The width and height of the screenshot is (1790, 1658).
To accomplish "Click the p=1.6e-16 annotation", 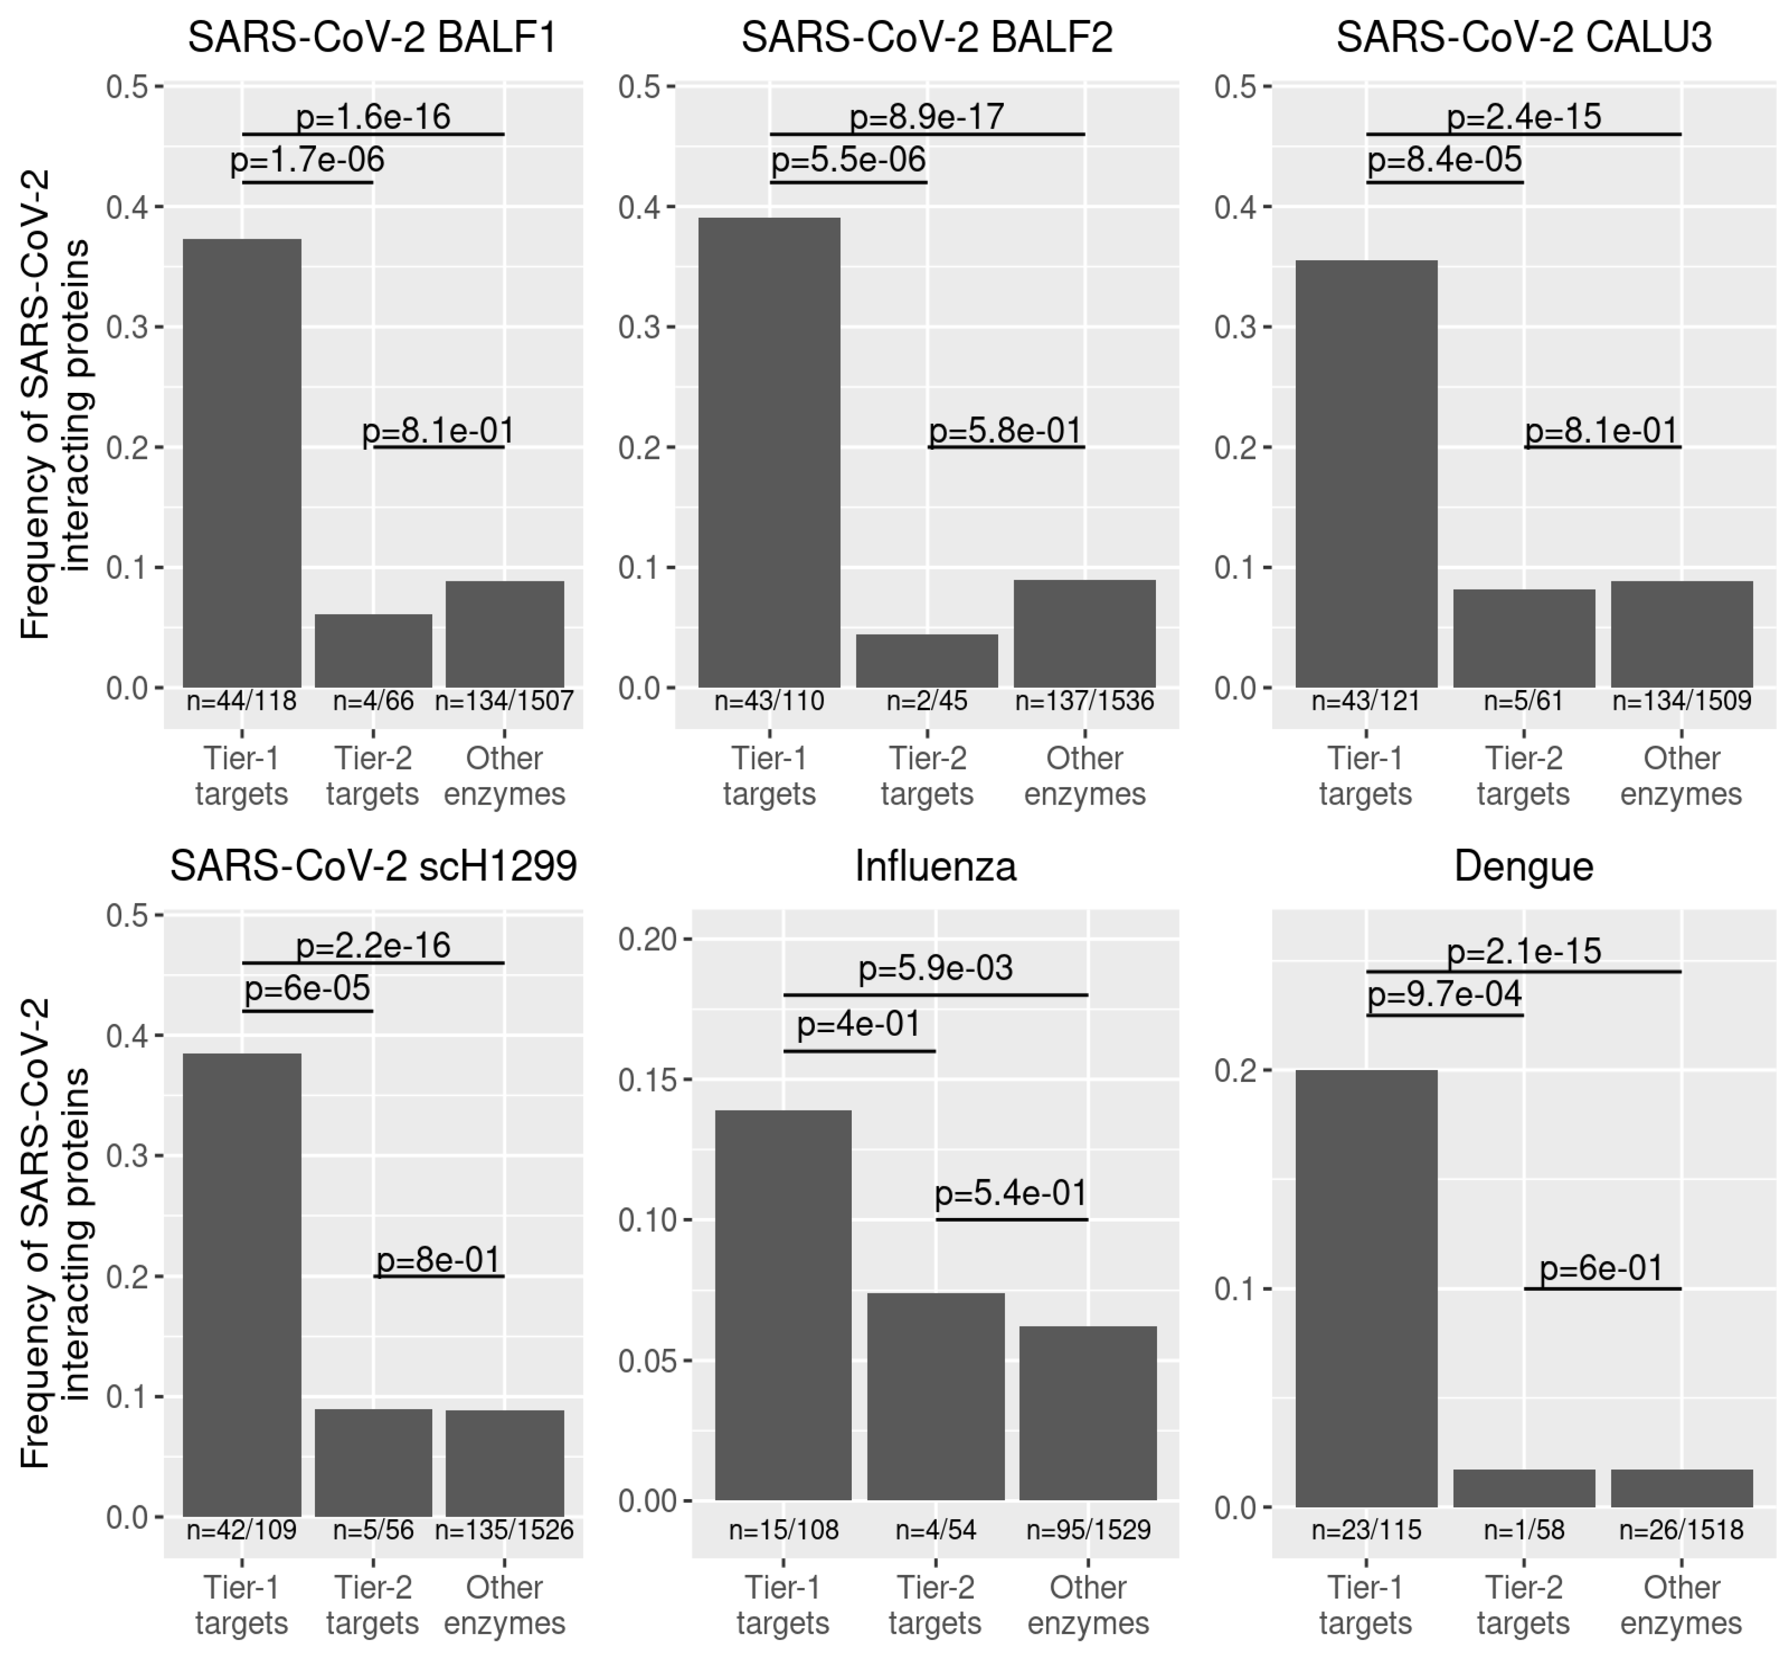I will [x=373, y=117].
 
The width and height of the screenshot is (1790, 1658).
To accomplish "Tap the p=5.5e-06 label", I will [x=848, y=160].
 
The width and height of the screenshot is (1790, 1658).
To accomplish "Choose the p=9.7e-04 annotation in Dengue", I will [x=1445, y=994].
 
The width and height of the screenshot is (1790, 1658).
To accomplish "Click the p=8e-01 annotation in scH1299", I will [x=439, y=1260].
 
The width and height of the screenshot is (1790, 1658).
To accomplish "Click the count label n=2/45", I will [x=927, y=701].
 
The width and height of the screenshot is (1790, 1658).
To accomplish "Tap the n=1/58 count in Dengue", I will [x=1524, y=1530].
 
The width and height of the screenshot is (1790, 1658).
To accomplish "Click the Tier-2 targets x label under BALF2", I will [x=927, y=776].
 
